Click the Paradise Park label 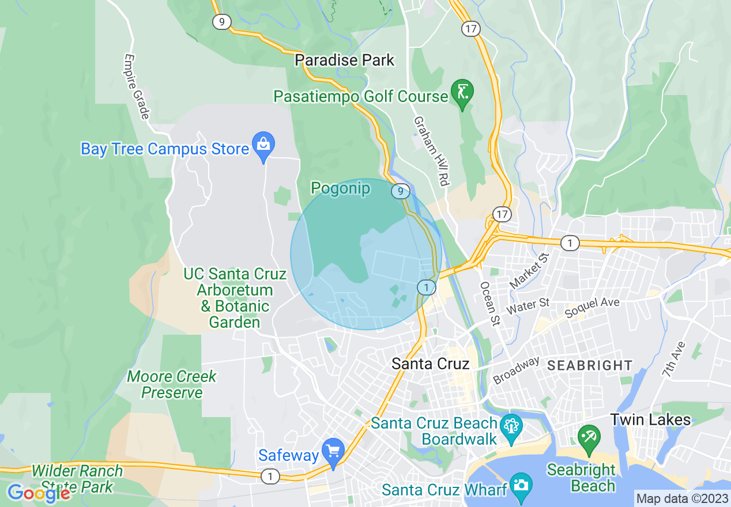click(345, 60)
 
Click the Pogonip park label click(340, 188)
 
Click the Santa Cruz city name click(430, 364)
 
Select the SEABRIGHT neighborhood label click(589, 365)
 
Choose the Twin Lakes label click(650, 419)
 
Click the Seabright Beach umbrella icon click(589, 438)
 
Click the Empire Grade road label click(137, 86)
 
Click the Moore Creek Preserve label click(172, 384)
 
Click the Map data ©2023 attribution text click(682, 498)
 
